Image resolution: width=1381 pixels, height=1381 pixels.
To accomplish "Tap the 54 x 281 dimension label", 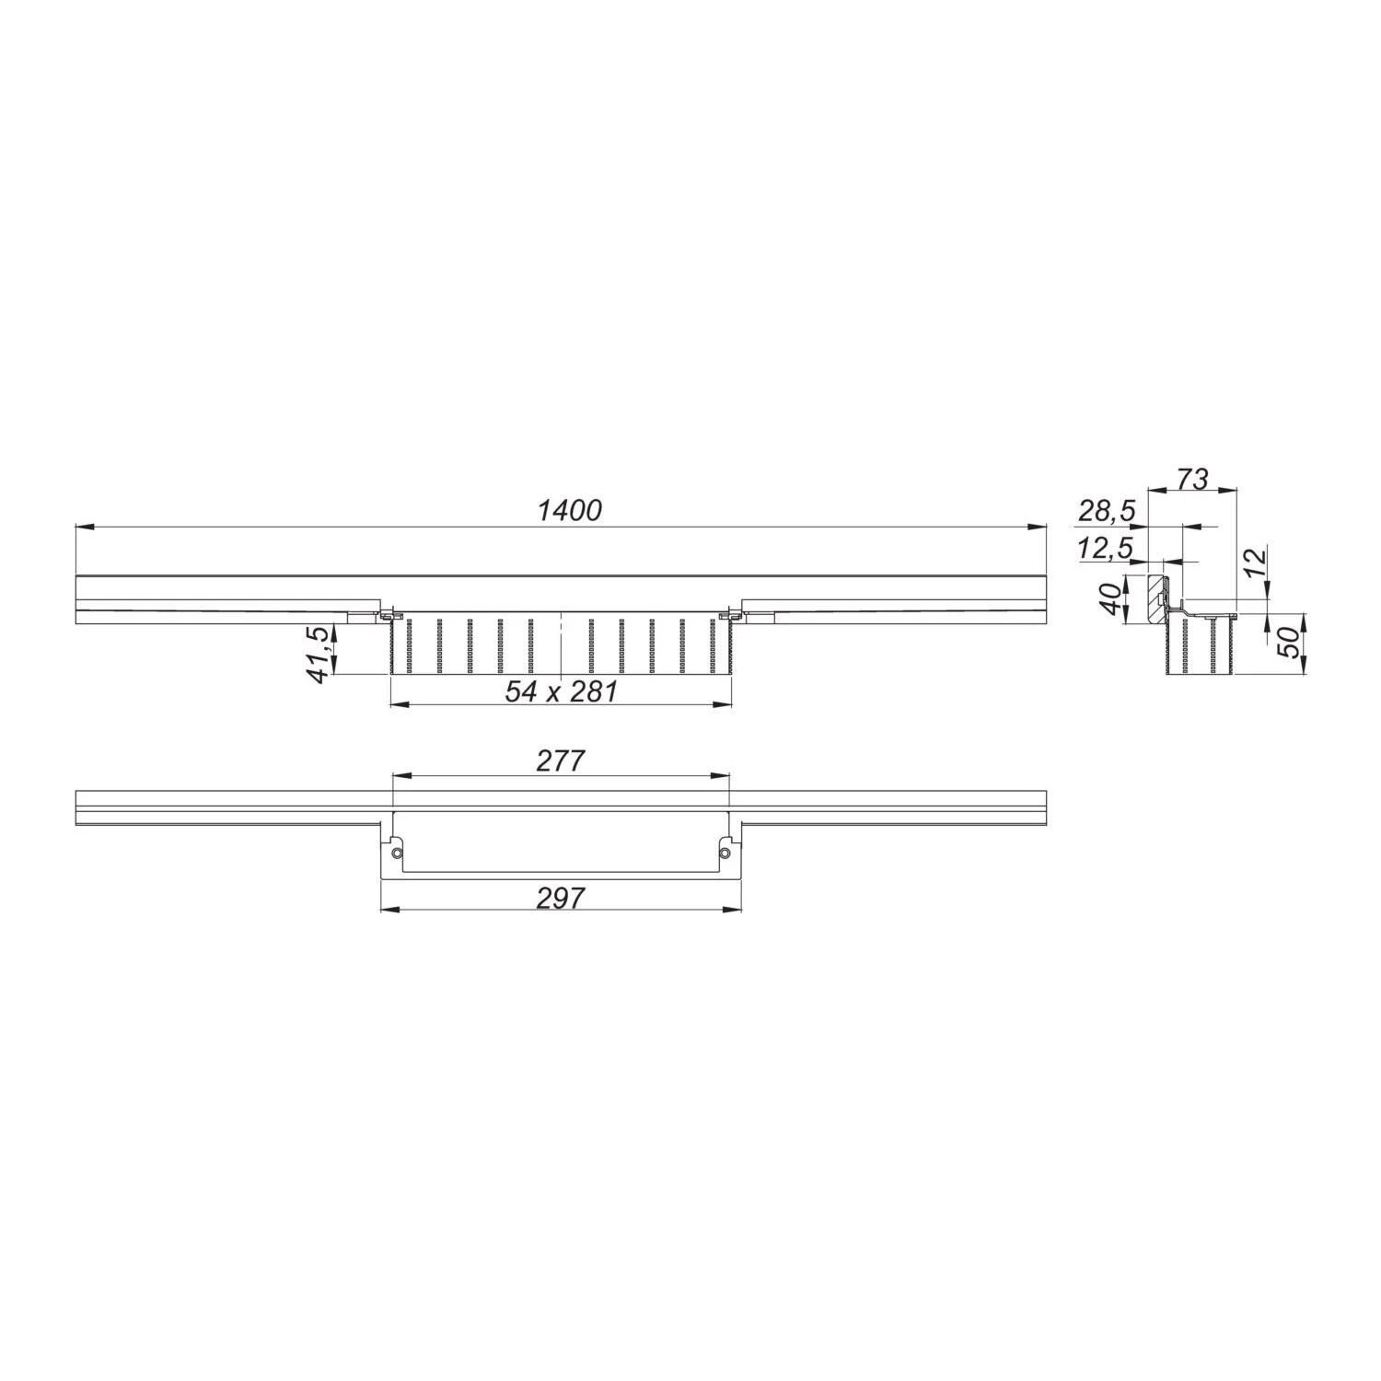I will point(561,691).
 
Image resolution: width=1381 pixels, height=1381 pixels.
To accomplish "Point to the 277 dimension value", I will point(560,760).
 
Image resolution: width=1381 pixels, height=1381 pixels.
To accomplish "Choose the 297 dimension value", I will point(560,897).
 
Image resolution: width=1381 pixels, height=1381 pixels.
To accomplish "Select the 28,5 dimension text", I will point(1108,511).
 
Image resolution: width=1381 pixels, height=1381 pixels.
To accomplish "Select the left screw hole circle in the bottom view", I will point(397,853).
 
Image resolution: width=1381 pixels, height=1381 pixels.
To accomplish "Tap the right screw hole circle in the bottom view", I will point(725,853).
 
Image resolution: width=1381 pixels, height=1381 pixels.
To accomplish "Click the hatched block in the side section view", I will point(1156,600).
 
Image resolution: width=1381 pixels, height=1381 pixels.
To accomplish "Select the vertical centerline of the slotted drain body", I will point(561,644).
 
